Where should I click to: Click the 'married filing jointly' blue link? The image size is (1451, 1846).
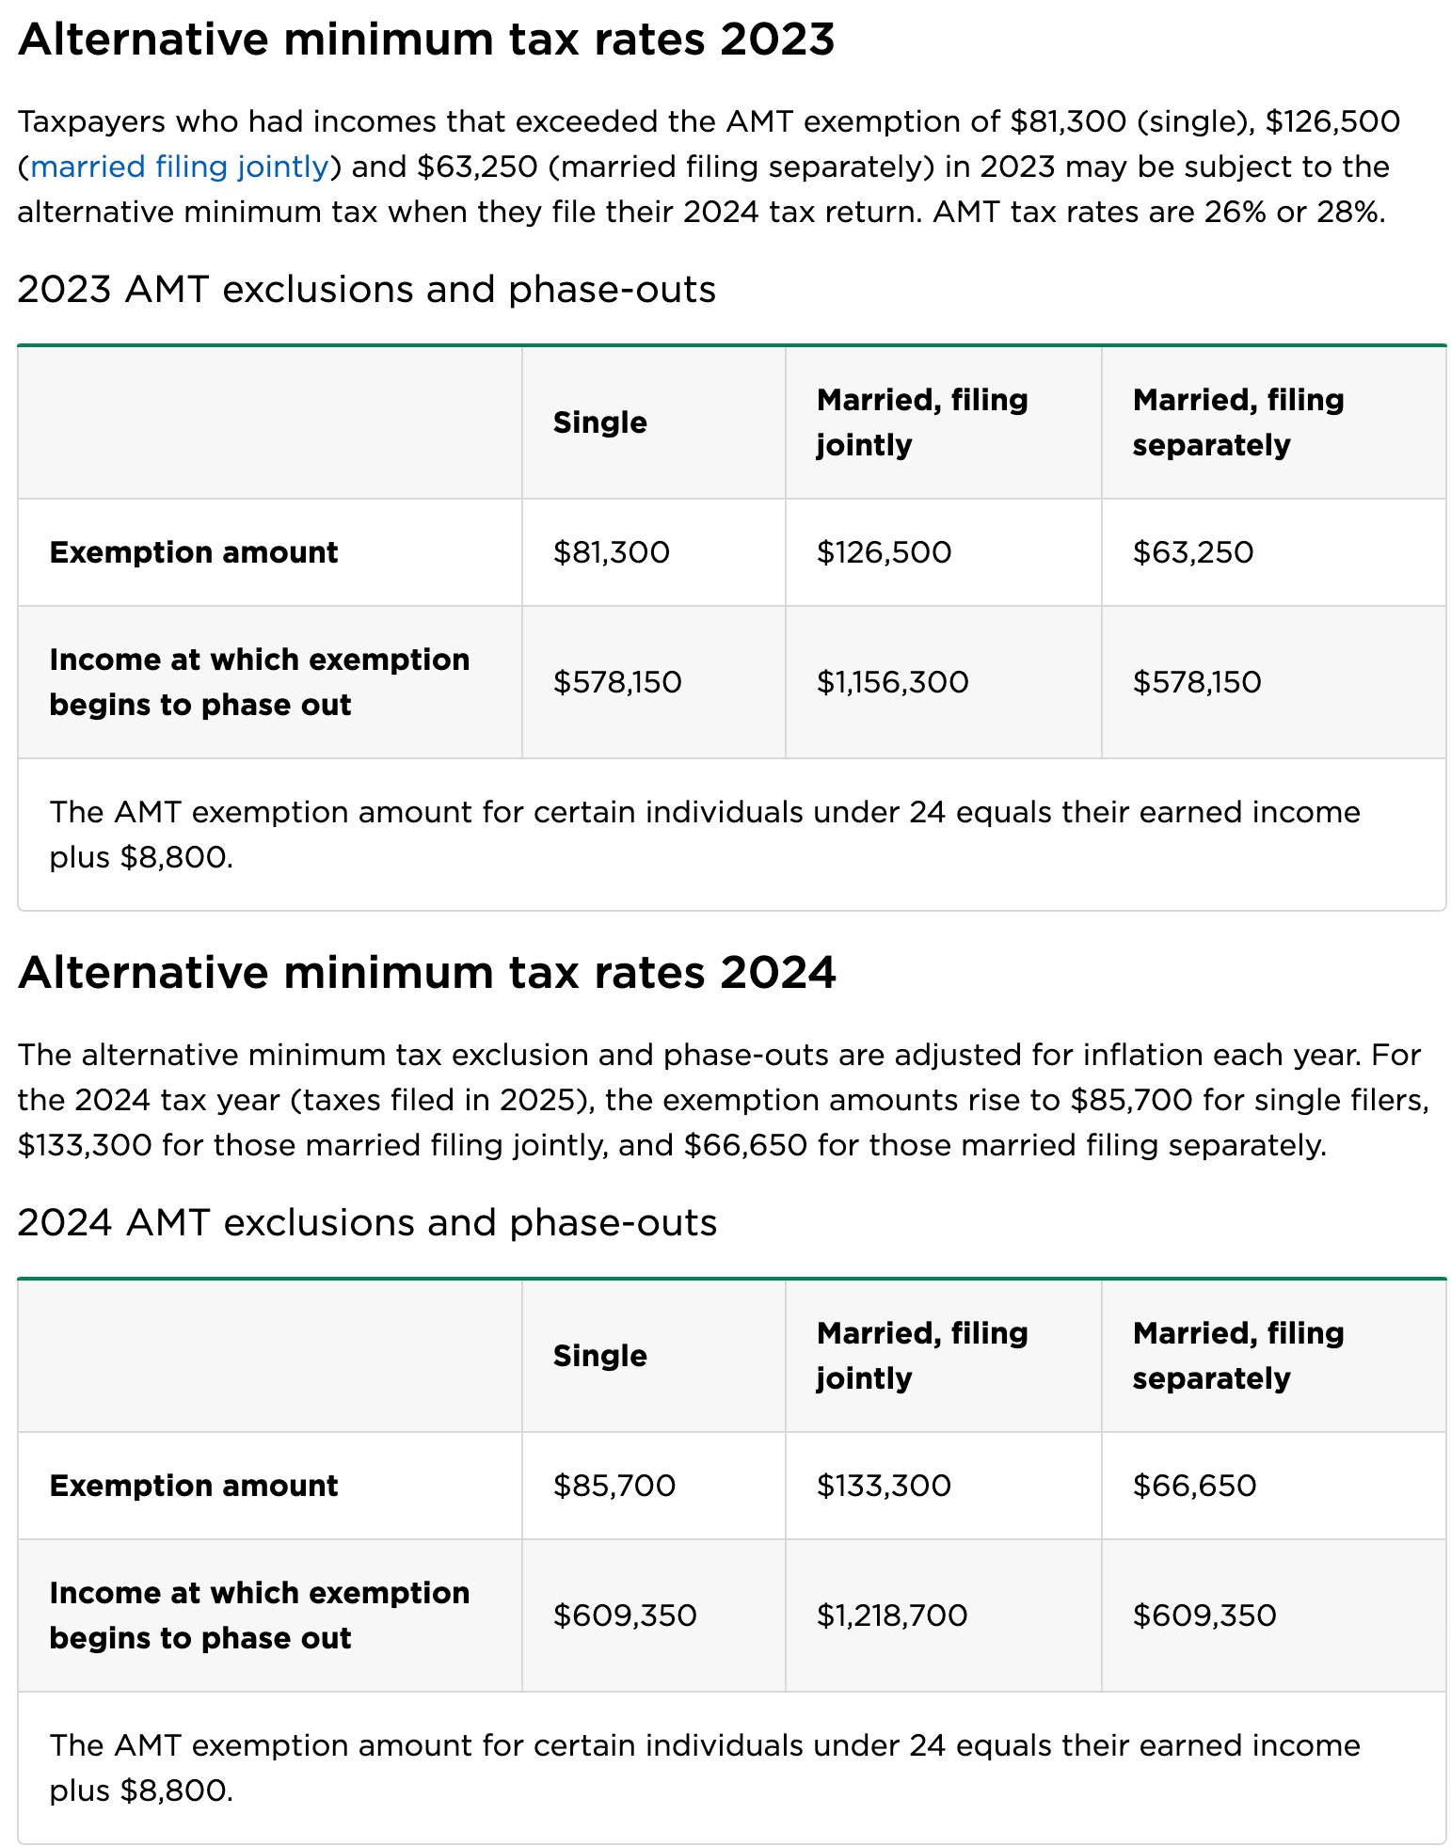point(180,167)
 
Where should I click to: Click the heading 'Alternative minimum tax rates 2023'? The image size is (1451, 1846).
point(426,40)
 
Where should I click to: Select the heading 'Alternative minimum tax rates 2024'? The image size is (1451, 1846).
point(426,972)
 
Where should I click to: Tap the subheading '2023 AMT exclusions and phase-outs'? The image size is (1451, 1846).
point(366,289)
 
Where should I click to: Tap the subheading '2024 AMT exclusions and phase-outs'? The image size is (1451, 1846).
point(367,1222)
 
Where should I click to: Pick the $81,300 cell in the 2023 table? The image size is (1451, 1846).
point(612,552)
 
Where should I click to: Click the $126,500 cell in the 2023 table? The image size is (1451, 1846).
point(884,552)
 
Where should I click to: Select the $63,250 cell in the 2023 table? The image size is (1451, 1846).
point(1192,552)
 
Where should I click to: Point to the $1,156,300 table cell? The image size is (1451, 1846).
point(892,682)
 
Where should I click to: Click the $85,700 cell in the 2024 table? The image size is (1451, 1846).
point(614,1486)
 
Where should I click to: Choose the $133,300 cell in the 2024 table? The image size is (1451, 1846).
point(884,1486)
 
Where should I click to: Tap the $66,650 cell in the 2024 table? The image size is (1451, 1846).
point(1194,1486)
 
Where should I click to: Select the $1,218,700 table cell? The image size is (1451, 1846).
point(891,1615)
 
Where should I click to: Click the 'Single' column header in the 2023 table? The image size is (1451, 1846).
point(600,422)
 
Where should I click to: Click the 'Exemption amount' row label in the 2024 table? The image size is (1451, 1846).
point(194,1486)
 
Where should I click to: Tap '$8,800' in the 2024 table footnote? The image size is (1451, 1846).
point(174,1790)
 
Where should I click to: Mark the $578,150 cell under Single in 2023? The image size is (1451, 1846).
point(617,682)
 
